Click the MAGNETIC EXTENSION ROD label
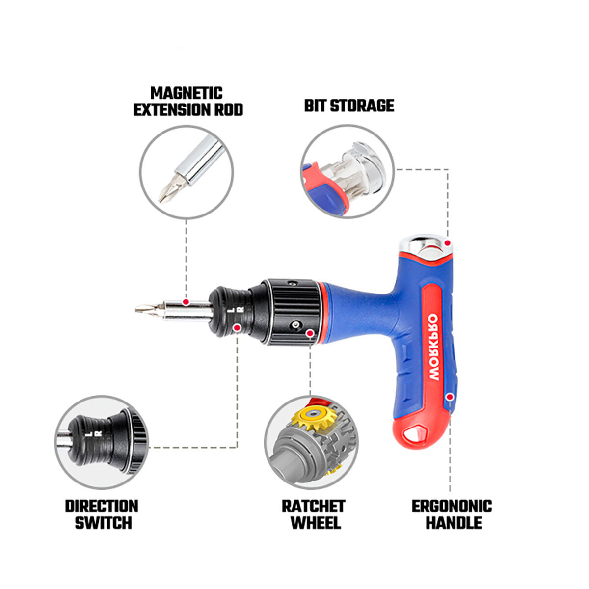(188, 102)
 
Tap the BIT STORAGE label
(349, 106)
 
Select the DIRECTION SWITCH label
(102, 514)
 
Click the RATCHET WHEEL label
(313, 514)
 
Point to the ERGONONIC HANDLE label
(452, 514)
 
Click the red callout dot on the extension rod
(186, 301)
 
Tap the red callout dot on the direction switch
(237, 327)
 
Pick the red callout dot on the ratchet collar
(309, 333)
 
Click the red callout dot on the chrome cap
(447, 242)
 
